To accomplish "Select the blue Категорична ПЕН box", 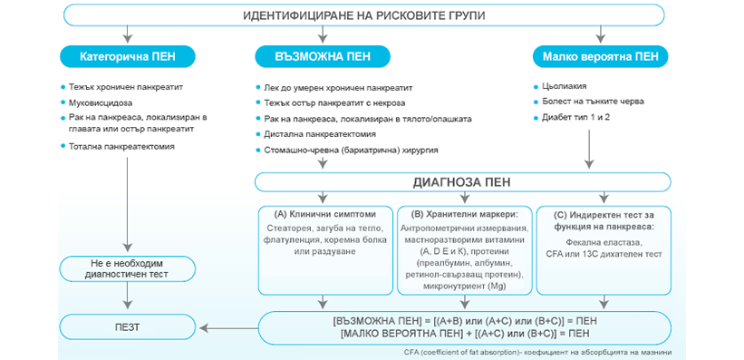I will coord(127,56).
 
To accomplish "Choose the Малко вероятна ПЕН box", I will coord(600,56).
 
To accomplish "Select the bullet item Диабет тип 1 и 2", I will coord(575,117).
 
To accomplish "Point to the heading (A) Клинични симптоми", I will coord(324,214).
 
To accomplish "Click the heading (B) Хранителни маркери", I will coord(461,214).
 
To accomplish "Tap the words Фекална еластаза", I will coord(603,243).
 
